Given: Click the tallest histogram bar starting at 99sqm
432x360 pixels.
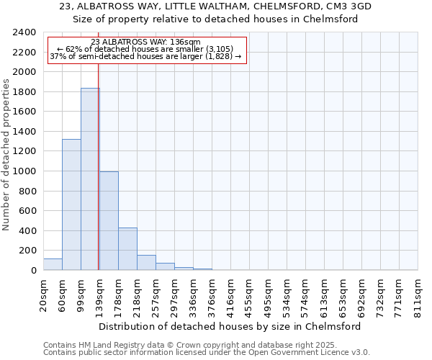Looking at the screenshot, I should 90,179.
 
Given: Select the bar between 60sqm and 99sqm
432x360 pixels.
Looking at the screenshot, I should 71,204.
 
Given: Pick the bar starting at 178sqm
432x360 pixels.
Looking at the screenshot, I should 127,249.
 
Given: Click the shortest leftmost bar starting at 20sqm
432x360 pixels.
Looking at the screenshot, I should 53,264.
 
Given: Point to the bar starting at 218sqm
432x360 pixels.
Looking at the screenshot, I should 146,263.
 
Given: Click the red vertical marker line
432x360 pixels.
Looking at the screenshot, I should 98,180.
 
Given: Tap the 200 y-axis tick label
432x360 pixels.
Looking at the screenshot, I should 27,251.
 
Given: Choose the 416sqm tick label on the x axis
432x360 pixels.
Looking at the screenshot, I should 231,295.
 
